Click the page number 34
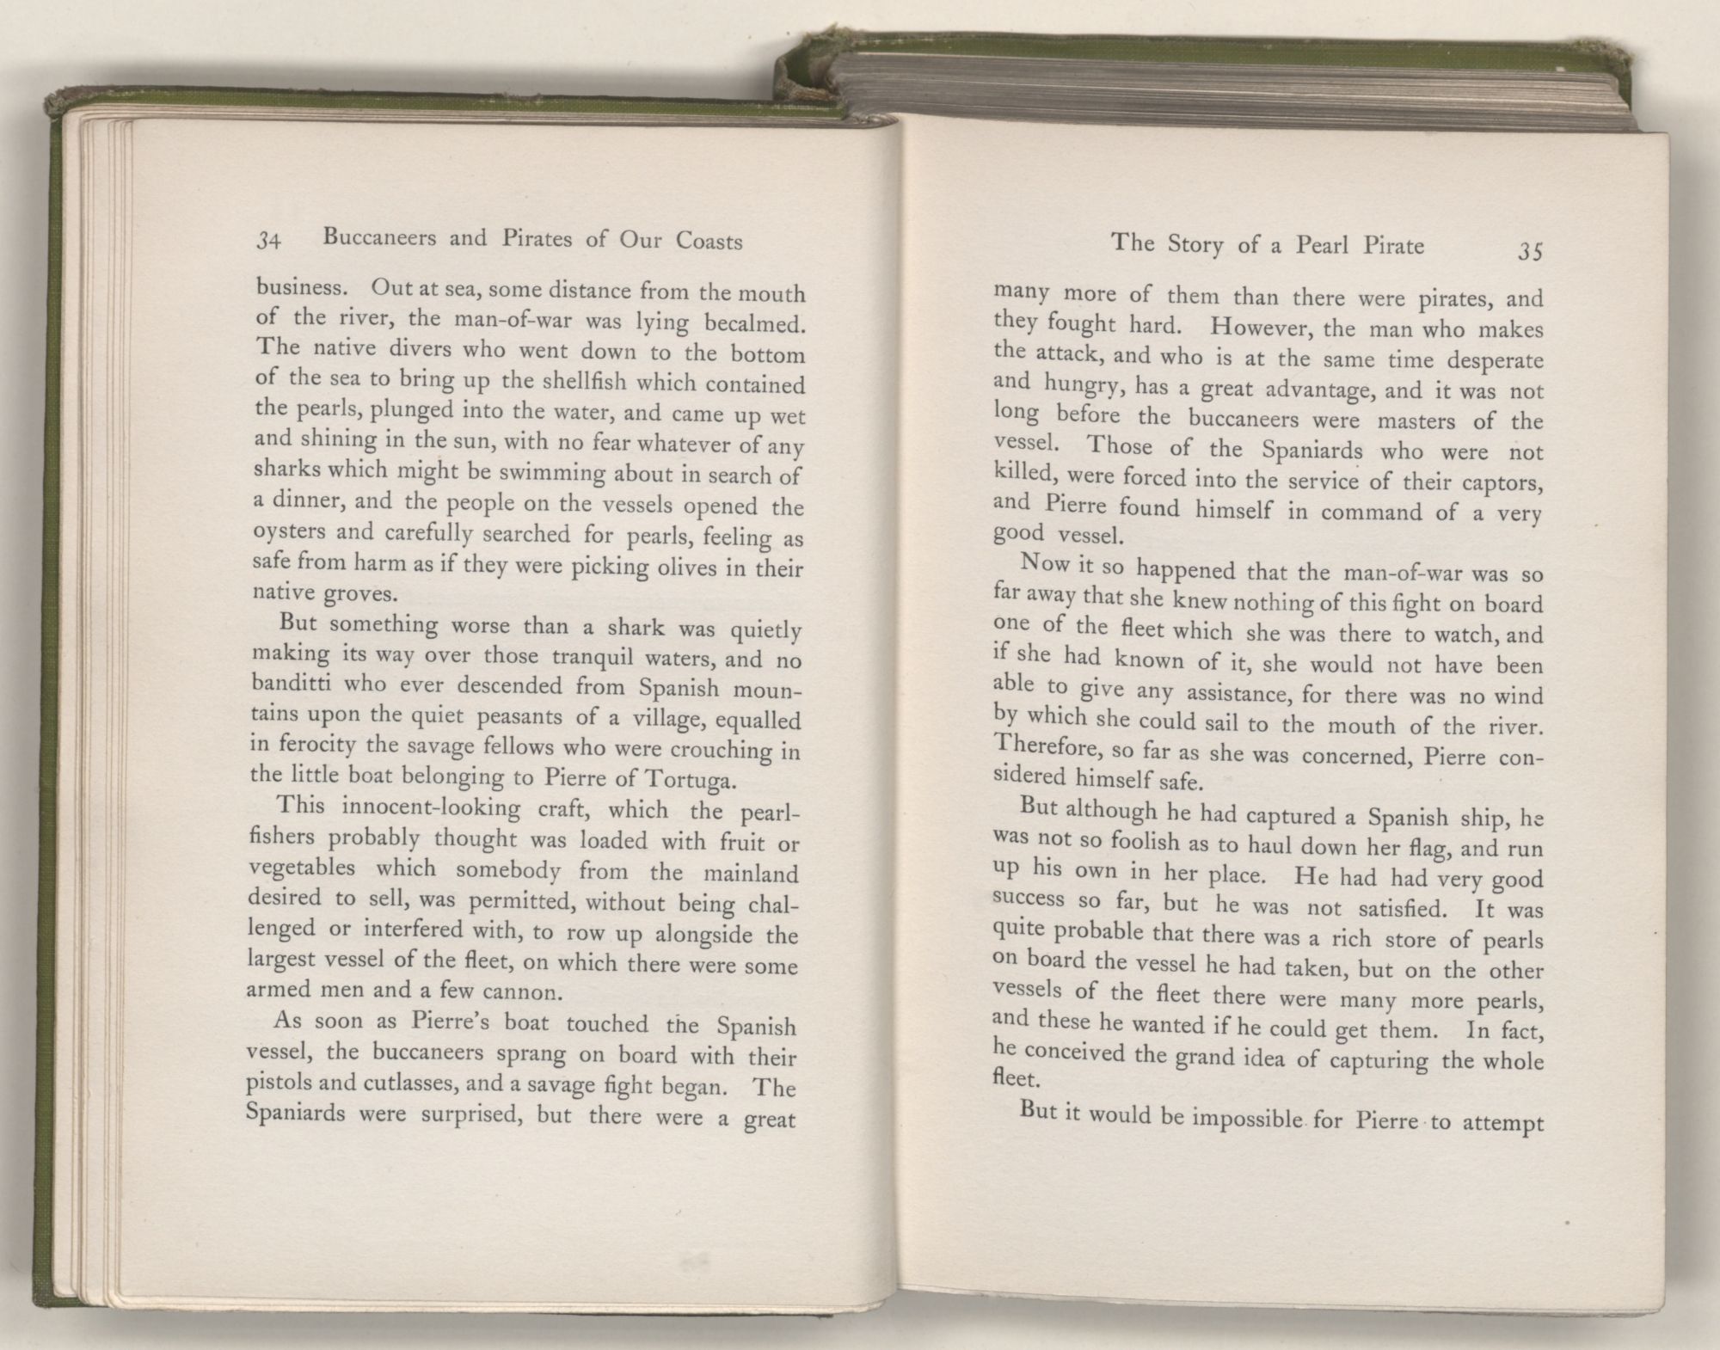click(x=270, y=243)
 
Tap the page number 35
click(x=1530, y=252)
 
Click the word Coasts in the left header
click(x=709, y=242)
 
